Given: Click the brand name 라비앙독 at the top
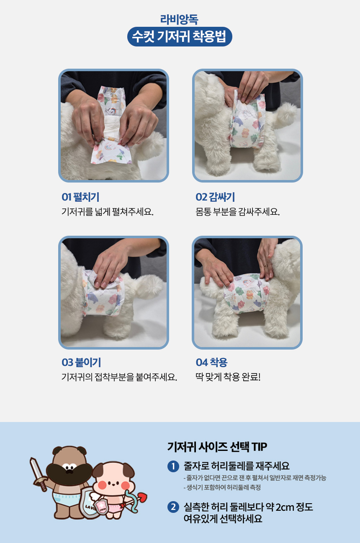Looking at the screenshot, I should (179, 19).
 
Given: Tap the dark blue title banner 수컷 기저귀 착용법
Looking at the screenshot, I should (179, 37).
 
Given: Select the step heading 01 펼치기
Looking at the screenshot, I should (80, 197).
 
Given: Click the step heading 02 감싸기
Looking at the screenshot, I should (215, 197).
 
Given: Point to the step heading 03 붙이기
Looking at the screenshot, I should (81, 362).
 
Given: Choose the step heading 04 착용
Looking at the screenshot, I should (211, 362).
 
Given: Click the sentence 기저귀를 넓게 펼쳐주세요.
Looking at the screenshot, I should (108, 211).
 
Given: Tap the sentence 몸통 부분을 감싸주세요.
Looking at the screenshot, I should (237, 211).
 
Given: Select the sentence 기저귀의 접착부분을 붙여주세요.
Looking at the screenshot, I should (119, 377).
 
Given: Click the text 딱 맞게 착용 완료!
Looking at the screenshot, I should (228, 377).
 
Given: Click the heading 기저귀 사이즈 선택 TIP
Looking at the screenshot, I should (217, 446).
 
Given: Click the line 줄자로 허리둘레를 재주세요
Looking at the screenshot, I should (237, 466).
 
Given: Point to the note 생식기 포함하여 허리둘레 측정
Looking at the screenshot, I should (222, 487).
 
